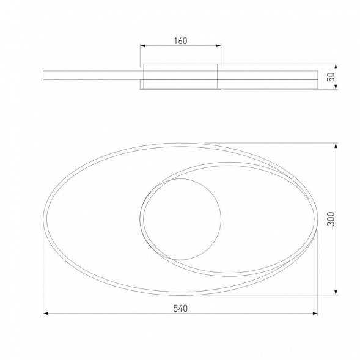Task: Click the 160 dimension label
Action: pyautogui.click(x=180, y=41)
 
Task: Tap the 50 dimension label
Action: pyautogui.click(x=331, y=77)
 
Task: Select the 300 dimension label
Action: pyautogui.click(x=331, y=219)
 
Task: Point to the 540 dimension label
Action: pyautogui.click(x=180, y=308)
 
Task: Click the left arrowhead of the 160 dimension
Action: pyautogui.click(x=142, y=46)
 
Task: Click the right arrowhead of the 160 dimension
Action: pyautogui.click(x=218, y=46)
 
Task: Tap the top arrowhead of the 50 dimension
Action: pyautogui.click(x=336, y=67)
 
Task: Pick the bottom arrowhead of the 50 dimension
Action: pyautogui.click(x=336, y=87)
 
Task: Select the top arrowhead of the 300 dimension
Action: pyautogui.click(x=336, y=145)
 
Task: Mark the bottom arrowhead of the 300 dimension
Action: pyautogui.click(x=336, y=292)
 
